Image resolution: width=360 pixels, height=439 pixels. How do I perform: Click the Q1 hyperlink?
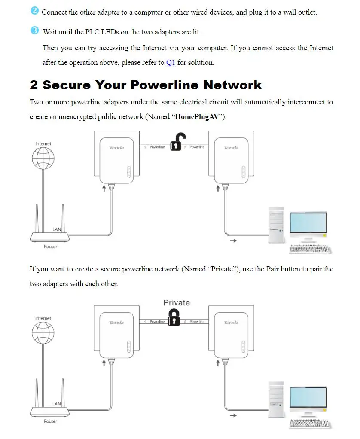pos(171,63)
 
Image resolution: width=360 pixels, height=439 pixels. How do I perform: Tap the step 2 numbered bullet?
pos(34,11)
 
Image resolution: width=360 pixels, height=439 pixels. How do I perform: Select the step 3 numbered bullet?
pos(34,30)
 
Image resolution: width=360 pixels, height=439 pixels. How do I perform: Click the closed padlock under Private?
pos(174,318)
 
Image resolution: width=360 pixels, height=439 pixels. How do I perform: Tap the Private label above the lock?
pos(176,303)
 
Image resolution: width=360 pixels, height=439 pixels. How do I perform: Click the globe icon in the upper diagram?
pos(43,159)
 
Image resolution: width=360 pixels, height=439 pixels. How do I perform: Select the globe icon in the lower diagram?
pos(43,333)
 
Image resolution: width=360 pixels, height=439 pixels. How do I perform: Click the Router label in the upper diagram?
pos(50,247)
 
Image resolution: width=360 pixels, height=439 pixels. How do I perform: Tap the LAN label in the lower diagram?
pos(57,404)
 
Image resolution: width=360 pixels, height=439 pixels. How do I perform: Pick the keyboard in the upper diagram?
pos(310,249)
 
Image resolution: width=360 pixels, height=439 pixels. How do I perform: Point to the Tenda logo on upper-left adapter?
pos(116,148)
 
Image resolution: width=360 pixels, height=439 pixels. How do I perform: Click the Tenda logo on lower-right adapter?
pos(231,323)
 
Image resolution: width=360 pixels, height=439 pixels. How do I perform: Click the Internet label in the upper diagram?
pos(43,144)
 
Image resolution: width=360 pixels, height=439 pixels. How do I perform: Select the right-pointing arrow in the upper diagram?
pos(233,241)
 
